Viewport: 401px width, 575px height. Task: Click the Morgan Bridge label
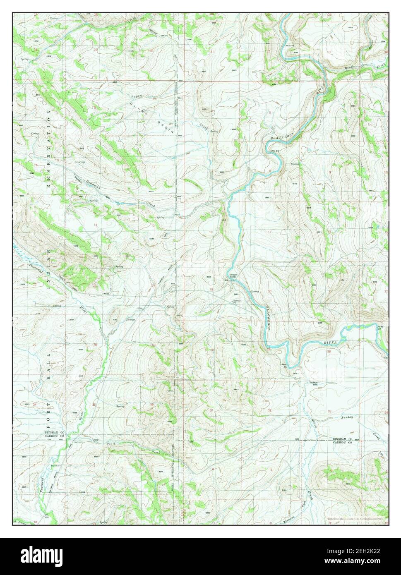[x=231, y=277]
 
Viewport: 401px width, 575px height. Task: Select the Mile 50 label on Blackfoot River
[x=273, y=151]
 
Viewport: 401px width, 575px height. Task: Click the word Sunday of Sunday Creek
[x=347, y=417]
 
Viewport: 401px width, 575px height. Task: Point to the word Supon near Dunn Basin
[x=137, y=97]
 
